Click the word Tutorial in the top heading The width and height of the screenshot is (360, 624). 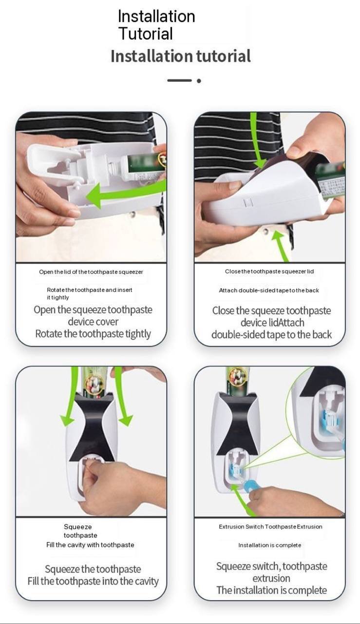[146, 34]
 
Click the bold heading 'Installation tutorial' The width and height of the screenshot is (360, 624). [181, 56]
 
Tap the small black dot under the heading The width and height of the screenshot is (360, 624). [199, 81]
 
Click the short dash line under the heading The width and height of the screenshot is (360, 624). [179, 80]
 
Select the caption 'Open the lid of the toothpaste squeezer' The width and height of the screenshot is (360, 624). [91, 272]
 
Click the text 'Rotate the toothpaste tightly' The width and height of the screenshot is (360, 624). [93, 333]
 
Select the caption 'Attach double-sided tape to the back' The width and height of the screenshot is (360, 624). [269, 290]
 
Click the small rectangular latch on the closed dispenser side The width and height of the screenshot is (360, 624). [248, 202]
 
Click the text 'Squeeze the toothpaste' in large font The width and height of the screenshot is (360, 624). [93, 569]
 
